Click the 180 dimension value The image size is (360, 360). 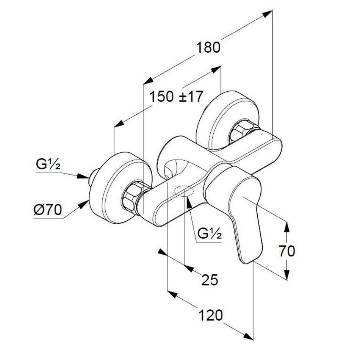[x=208, y=48]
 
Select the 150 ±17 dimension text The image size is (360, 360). [x=174, y=97]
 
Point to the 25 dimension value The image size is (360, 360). [x=210, y=280]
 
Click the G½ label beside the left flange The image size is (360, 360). [x=49, y=166]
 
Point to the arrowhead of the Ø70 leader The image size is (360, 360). [x=84, y=205]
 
